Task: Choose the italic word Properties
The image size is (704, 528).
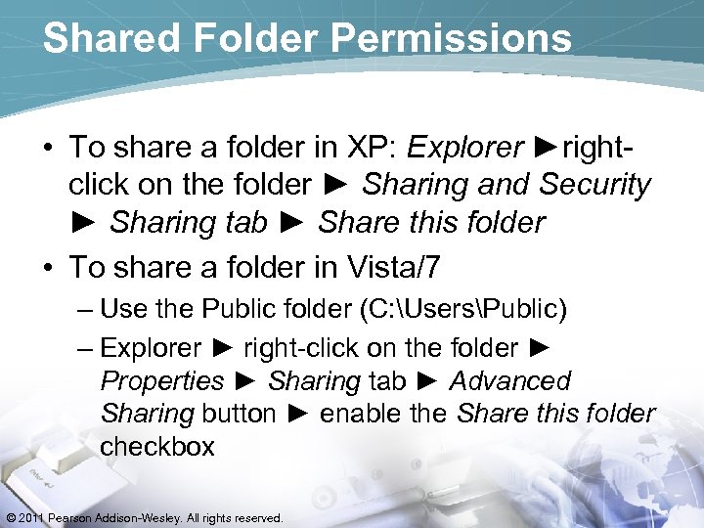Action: click(x=162, y=380)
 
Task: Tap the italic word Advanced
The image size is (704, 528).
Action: click(x=510, y=380)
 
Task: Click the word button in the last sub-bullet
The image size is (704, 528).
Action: click(x=239, y=414)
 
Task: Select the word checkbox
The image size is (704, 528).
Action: click(x=157, y=447)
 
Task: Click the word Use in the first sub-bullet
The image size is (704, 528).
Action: click(x=123, y=310)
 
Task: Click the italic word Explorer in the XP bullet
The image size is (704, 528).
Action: click(x=465, y=148)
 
